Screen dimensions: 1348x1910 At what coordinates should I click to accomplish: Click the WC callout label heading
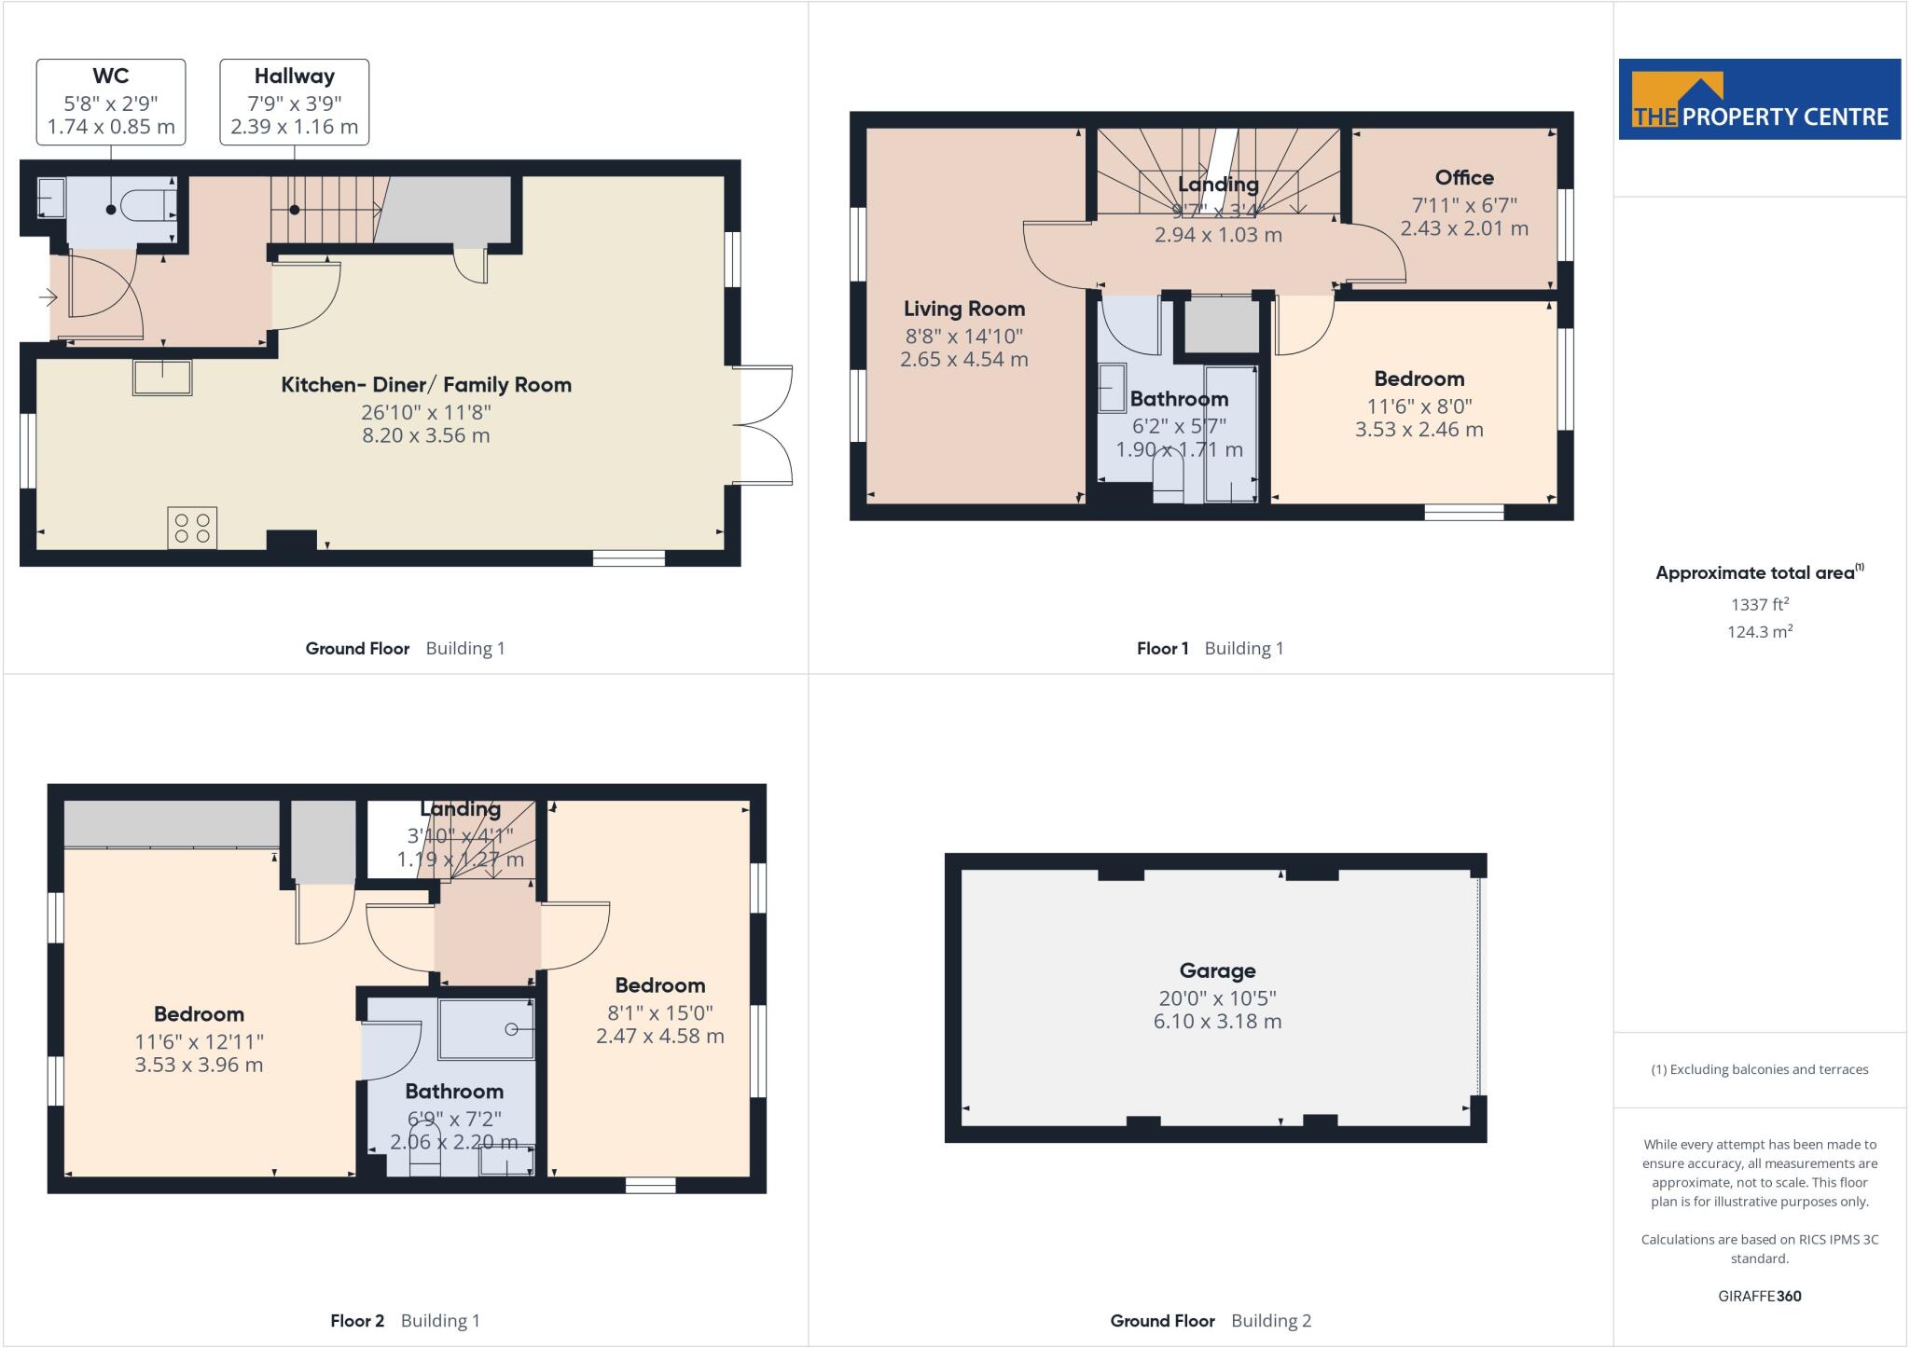[x=110, y=76]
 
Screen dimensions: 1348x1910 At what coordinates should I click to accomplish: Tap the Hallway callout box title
[x=294, y=76]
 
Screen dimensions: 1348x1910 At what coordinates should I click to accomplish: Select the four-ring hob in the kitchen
[x=192, y=528]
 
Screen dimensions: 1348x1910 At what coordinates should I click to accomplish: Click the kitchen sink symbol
[x=162, y=378]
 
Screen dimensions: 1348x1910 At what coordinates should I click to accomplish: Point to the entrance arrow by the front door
[x=48, y=297]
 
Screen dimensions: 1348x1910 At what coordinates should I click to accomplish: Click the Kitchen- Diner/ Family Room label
[x=426, y=384]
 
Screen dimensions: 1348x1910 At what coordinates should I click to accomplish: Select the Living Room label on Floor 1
[x=963, y=309]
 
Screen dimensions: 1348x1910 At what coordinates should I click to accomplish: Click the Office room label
[x=1463, y=177]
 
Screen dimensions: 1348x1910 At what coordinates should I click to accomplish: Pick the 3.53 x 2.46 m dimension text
[x=1419, y=430]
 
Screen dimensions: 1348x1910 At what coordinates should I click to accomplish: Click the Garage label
[x=1217, y=970]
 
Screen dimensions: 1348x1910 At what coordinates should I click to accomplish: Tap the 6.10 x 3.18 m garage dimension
[x=1217, y=1022]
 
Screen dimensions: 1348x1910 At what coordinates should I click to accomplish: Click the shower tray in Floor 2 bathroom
[x=486, y=1029]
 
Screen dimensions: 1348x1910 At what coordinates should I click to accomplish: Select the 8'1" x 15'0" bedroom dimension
[x=659, y=1012]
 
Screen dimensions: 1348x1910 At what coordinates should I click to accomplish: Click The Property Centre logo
[x=1759, y=100]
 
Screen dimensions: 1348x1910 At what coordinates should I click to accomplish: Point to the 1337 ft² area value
[x=1759, y=604]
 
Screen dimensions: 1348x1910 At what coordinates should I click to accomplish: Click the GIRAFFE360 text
[x=1759, y=1296]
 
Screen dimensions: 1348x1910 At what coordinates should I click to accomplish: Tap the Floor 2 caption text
[x=357, y=1320]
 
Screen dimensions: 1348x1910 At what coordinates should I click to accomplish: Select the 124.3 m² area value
[x=1759, y=631]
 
